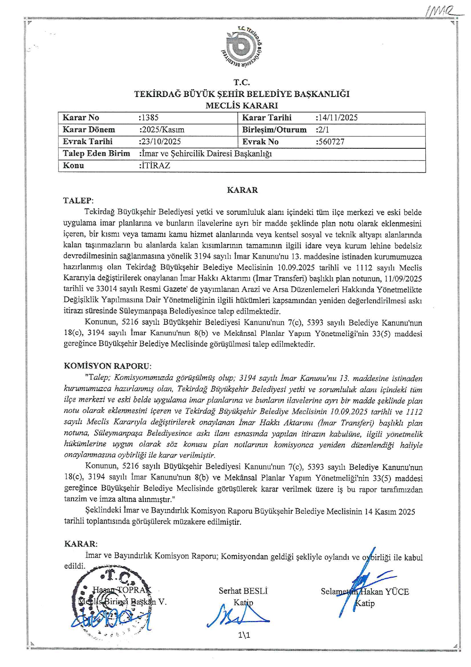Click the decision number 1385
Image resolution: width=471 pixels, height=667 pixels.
pos(149,118)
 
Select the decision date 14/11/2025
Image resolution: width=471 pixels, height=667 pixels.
pos(337,118)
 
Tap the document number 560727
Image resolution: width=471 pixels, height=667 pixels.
pos(330,142)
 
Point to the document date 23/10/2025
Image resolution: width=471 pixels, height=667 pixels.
pos(161,142)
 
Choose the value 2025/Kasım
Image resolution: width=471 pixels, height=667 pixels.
pos(162,130)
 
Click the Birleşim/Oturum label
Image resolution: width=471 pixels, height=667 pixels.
pos(274,130)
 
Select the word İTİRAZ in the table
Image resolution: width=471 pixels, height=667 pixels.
pos(155,166)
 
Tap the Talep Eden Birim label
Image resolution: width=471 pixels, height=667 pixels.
pos(96,154)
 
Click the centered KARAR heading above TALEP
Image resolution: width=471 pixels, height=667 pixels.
pos(242,190)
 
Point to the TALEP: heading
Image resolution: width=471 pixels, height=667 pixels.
pos(78,201)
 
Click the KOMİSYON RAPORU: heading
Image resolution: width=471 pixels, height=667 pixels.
pos(107,366)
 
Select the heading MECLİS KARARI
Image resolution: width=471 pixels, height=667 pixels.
pos(242,105)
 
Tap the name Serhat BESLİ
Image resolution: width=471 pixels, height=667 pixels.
pos(243,591)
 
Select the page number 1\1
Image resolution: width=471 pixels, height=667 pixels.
pos(244,635)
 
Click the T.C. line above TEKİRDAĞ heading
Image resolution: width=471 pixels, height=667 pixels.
pos(242,82)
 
